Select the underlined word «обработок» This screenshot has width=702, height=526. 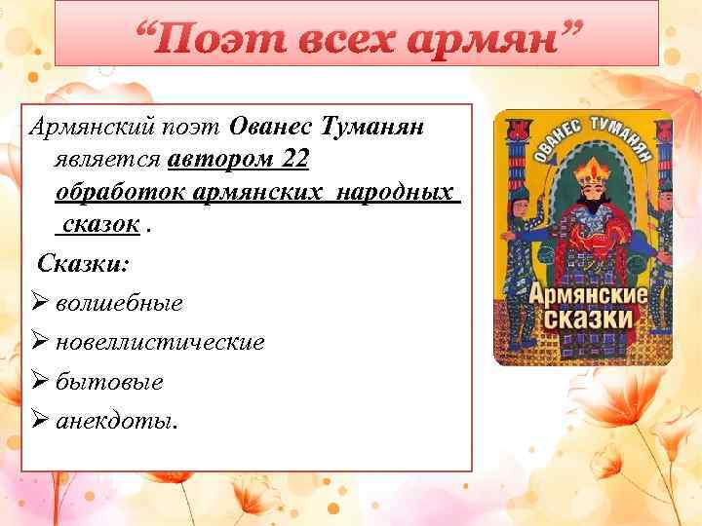coord(123,191)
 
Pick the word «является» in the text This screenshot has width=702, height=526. coord(108,159)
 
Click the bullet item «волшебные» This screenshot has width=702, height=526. coord(119,303)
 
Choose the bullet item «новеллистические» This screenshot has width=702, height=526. coord(160,342)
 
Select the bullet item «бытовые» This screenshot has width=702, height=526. coord(109,381)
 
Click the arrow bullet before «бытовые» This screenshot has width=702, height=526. coord(40,381)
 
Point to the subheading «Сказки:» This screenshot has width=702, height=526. coord(84,263)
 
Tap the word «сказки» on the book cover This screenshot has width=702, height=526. coord(580,319)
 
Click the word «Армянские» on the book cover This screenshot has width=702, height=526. coord(580,293)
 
